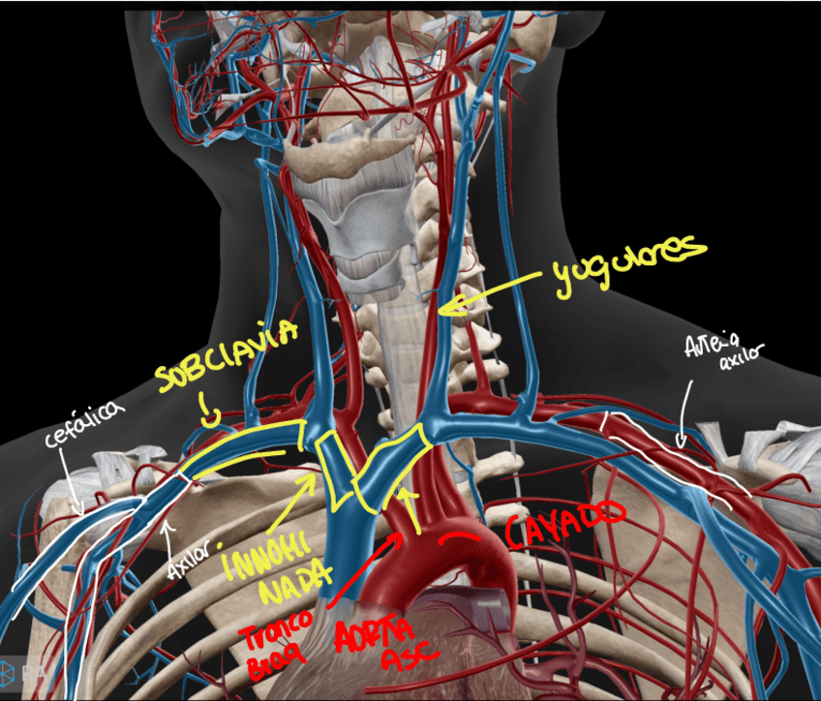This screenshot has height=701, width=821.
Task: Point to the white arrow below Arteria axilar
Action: coord(682,416)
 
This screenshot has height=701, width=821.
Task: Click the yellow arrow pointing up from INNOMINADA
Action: coord(412,508)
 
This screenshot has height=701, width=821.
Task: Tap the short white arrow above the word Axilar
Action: coord(168,528)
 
